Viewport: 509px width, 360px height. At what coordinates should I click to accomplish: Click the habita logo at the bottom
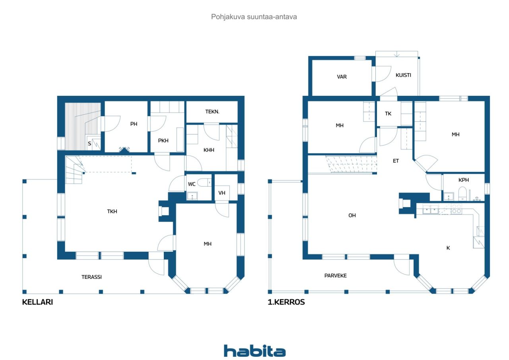[254, 351]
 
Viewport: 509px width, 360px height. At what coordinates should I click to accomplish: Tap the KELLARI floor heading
[37, 302]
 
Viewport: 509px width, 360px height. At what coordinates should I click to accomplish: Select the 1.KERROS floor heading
[286, 302]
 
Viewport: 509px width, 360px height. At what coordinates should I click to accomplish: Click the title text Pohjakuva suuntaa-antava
[254, 17]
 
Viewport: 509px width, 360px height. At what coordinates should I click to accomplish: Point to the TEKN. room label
[212, 112]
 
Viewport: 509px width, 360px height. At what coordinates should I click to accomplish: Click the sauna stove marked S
[90, 144]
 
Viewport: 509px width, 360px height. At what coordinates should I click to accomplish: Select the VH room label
[222, 193]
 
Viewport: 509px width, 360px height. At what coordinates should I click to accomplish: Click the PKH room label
[163, 140]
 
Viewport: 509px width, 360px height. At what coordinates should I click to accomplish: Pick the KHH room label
[209, 150]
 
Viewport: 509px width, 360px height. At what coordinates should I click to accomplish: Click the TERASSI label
[91, 277]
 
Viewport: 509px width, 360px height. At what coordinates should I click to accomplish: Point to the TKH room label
[112, 211]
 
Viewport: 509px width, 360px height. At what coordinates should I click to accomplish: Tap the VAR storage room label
[342, 77]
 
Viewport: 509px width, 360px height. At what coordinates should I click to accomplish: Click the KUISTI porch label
[403, 75]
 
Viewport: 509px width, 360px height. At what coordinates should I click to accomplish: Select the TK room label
[388, 113]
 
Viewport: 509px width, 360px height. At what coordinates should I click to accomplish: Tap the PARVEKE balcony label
[335, 275]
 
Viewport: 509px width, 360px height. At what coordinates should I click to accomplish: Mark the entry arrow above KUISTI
[396, 54]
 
